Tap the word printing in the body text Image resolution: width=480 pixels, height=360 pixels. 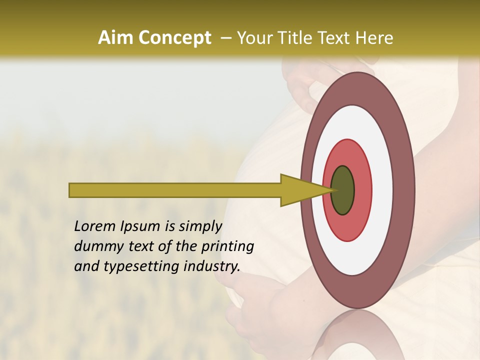[x=227, y=246]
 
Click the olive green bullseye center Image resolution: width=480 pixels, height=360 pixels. [x=343, y=190]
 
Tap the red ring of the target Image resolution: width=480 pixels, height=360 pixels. [x=362, y=190]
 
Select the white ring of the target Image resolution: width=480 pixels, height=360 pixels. [x=382, y=190]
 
